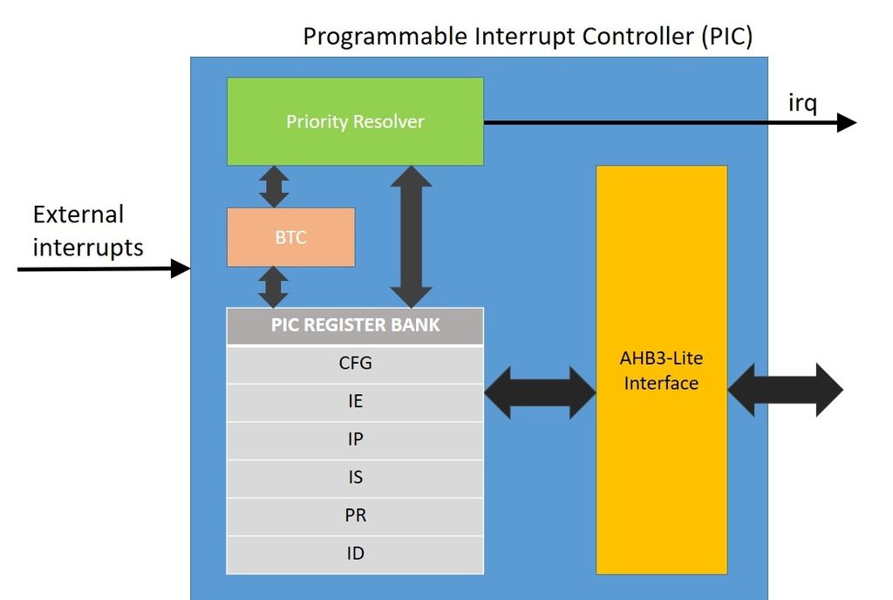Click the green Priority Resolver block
click(355, 121)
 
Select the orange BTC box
click(290, 237)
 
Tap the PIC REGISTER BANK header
click(355, 326)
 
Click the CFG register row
click(355, 364)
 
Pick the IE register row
click(355, 402)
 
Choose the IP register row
click(355, 440)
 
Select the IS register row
click(355, 478)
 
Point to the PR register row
click(355, 515)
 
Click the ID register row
click(355, 554)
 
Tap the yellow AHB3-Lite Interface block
click(661, 370)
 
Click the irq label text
click(802, 103)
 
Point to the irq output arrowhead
click(846, 122)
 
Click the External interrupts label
click(87, 231)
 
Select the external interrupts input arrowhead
click(181, 269)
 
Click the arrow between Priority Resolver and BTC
click(274, 187)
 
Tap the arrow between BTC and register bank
click(274, 287)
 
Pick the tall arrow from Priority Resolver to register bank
click(411, 236)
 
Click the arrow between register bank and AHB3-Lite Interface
click(540, 392)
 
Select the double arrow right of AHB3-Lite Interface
click(785, 390)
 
